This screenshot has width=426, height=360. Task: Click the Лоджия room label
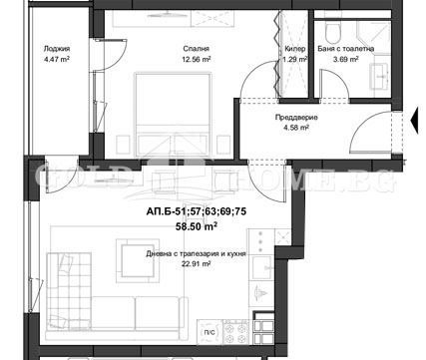57,49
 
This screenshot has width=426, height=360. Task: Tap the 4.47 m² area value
57,59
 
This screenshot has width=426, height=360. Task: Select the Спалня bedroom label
197,49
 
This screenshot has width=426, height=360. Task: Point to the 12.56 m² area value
197,59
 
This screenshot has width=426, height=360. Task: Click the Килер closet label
295,49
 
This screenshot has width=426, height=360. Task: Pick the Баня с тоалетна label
346,49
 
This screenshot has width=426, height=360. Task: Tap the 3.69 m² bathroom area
346,59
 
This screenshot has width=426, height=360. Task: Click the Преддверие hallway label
296,117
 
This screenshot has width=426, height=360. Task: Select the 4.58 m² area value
296,128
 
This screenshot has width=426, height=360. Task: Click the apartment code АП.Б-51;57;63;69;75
197,211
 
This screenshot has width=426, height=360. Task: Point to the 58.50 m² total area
197,226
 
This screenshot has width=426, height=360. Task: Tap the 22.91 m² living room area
197,264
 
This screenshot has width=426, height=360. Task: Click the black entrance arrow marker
414,120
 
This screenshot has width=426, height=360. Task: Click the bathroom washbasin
379,77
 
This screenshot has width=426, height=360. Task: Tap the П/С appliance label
210,332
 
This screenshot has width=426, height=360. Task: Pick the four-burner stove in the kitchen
235,332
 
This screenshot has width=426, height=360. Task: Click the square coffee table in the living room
138,261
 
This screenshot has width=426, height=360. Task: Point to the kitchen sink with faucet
262,268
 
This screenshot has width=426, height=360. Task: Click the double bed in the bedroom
173,115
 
